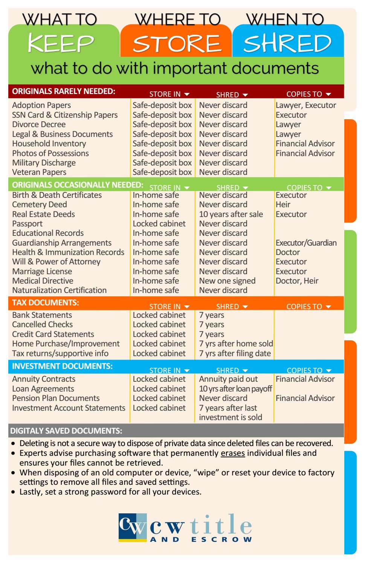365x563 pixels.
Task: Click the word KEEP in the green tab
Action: click(61, 43)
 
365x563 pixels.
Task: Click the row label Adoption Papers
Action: click(41, 105)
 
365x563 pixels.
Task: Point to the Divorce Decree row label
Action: click(39, 124)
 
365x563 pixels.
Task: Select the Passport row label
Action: click(27, 224)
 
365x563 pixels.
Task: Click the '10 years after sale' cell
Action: click(231, 214)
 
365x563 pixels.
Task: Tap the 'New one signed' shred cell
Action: click(227, 281)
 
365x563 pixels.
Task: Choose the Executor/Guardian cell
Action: click(306, 243)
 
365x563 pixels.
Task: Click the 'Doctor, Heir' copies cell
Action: click(297, 281)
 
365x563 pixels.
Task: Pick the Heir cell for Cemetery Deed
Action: click(283, 205)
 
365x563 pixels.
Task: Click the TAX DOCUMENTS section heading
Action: click(46, 303)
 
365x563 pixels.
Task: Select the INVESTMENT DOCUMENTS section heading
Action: click(62, 366)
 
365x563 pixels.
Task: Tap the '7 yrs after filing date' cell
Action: click(235, 354)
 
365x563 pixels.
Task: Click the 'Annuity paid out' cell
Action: click(228, 379)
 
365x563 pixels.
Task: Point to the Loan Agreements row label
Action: click(43, 389)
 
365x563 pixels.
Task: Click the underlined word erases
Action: click(233, 453)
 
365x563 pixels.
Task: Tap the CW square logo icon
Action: click(133, 528)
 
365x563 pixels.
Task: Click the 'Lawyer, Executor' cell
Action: click(306, 105)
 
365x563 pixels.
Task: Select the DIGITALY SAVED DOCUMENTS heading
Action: click(66, 431)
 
